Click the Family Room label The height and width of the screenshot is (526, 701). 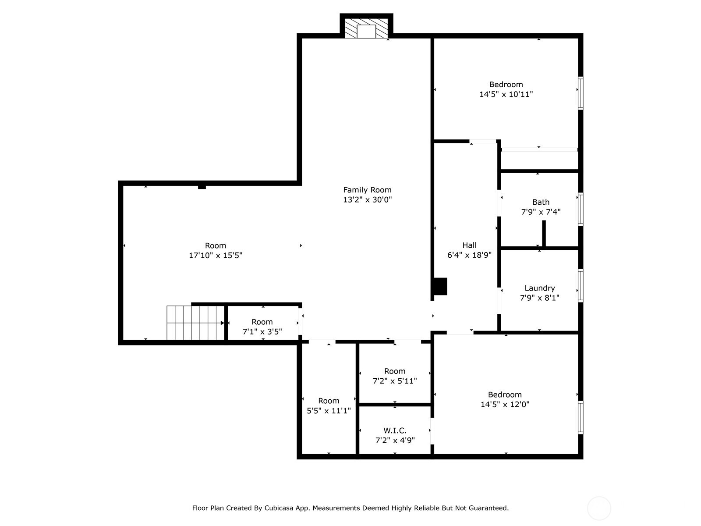point(367,190)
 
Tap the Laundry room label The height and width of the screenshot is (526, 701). point(539,288)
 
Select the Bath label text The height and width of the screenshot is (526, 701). point(541,202)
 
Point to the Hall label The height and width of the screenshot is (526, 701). point(469,245)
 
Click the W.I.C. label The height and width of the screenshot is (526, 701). point(395,430)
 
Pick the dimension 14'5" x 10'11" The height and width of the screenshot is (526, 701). point(506,94)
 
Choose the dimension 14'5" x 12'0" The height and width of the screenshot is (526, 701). point(505,404)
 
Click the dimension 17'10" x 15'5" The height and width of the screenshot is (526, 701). point(216,256)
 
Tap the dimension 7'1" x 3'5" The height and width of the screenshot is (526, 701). point(262,332)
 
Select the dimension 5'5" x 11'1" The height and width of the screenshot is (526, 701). point(329,411)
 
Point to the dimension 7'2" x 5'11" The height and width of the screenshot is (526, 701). point(395,381)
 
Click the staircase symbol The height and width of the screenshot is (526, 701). point(195,323)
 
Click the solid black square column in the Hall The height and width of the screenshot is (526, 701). point(440,287)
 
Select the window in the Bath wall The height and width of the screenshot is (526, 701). point(581,209)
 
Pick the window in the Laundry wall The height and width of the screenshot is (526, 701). point(581,285)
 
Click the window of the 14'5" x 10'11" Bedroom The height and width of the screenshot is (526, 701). point(581,93)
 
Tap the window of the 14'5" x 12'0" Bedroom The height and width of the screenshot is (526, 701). point(581,417)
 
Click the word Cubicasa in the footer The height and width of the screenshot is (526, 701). point(279,508)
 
